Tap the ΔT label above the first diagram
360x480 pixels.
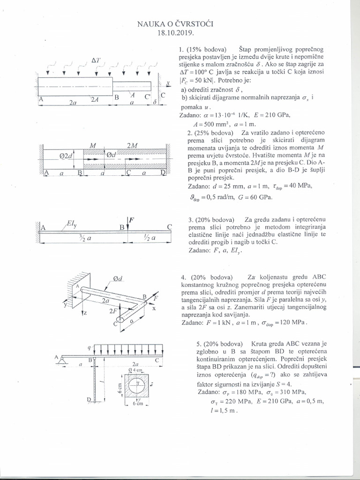pos(96,60)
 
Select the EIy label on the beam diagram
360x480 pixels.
pos(72,225)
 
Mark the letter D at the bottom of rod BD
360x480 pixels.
pos(89,399)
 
